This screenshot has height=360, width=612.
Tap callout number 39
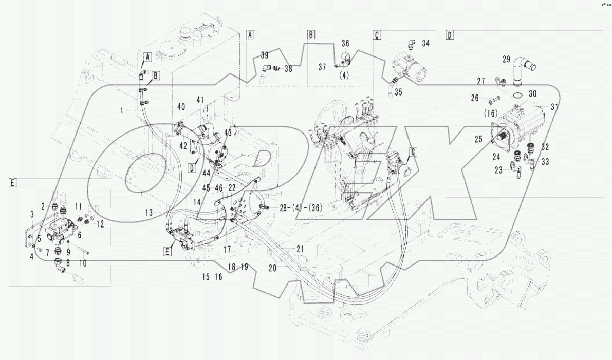point(264,55)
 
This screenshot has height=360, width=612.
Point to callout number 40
point(181,107)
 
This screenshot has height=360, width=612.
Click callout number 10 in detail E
point(82,262)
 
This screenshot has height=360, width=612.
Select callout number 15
point(206,277)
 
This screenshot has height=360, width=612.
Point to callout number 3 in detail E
point(32,213)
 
